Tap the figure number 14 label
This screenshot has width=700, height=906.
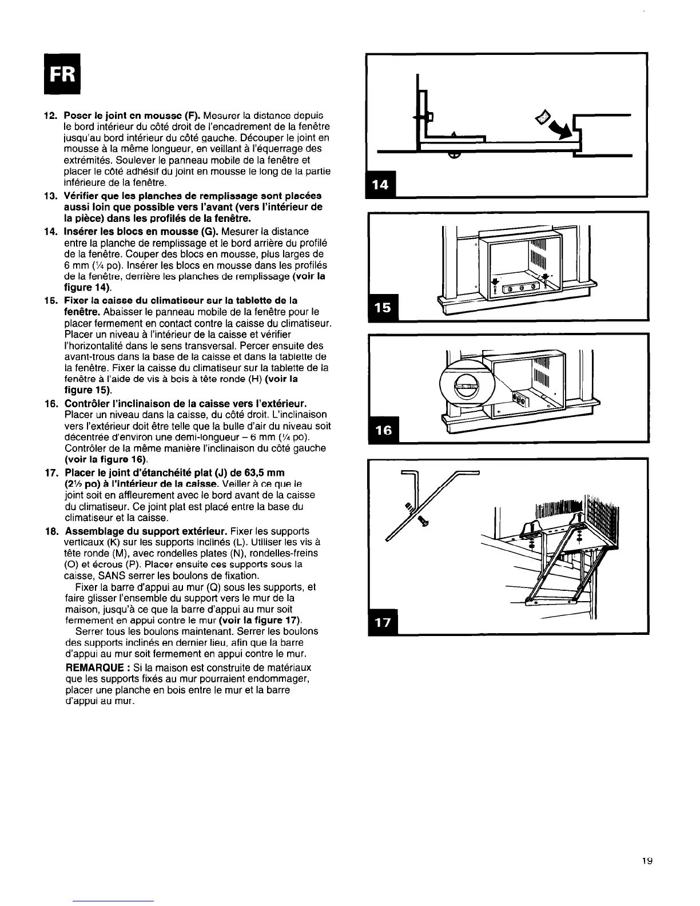pyautogui.click(x=380, y=184)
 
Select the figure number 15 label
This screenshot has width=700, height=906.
pyautogui.click(x=380, y=307)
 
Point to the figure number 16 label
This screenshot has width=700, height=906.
pyautogui.click(x=380, y=431)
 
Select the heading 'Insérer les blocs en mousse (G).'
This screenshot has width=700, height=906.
pyautogui.click(x=137, y=231)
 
